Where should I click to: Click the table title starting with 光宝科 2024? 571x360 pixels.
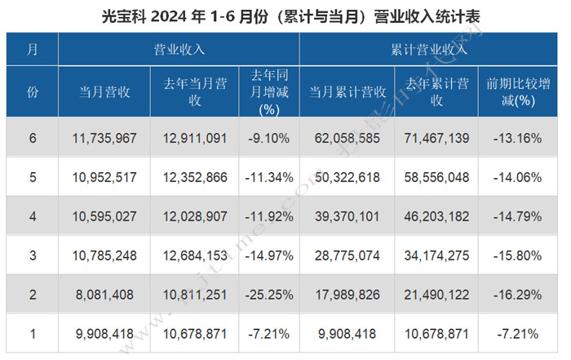coord(285,15)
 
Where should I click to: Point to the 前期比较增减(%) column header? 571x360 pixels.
coord(517,91)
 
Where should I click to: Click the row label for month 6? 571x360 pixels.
coord(33,139)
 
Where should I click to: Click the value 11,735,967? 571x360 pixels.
coord(104,139)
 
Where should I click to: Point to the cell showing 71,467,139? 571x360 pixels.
coord(436,139)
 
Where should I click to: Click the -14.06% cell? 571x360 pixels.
coord(517,178)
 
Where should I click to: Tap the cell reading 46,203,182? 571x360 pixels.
coord(436,217)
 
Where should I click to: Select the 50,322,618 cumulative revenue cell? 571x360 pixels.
coord(347,178)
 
